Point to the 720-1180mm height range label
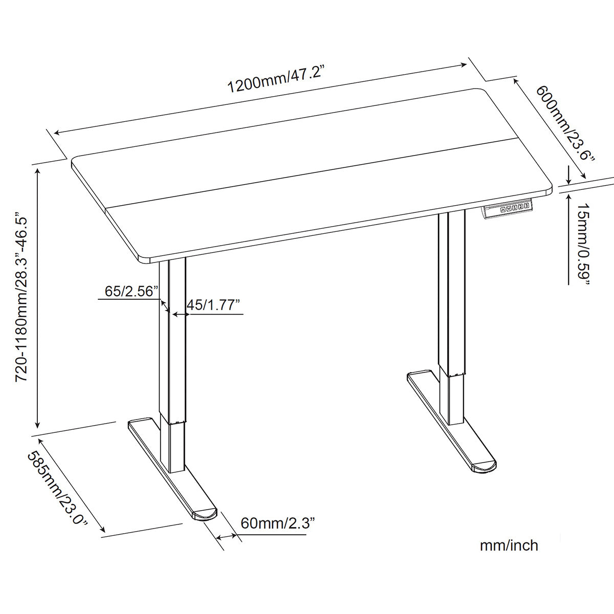24,297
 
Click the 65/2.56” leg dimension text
129,291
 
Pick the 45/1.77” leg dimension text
213,305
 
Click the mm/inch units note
509,545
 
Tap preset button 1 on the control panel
514,207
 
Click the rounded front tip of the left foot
205,514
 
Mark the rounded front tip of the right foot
484,467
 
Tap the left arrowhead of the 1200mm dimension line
56,133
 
